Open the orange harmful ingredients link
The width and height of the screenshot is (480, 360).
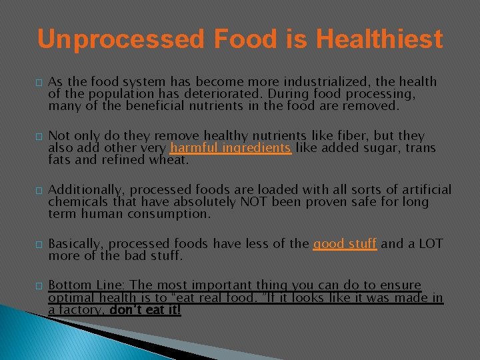coord(231,148)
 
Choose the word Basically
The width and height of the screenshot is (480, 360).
coord(75,244)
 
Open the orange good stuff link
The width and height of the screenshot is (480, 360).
coord(345,244)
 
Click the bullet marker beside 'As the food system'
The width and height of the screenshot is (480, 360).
coord(39,83)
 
